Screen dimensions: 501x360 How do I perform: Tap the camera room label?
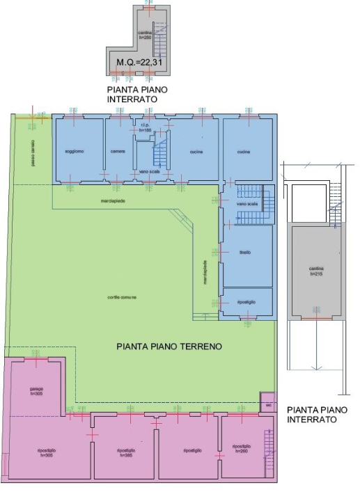point(116,152)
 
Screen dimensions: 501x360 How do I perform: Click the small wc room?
point(267,403)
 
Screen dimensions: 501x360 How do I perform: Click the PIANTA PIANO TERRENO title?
point(169,345)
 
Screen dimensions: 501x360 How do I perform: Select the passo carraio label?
point(31,152)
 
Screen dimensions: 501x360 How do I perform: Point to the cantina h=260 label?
point(145,35)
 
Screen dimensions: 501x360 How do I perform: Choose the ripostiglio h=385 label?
point(126,453)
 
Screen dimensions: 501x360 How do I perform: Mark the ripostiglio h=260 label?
point(242,447)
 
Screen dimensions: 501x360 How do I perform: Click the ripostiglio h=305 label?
point(47,453)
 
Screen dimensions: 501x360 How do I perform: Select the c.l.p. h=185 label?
point(145,128)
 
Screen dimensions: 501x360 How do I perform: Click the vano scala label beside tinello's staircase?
point(247,205)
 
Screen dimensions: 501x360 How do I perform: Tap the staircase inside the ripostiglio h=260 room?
point(269,451)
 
